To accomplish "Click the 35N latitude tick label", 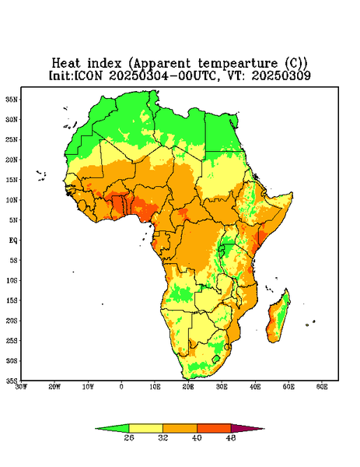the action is click(x=12, y=100).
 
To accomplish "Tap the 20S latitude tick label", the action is click(x=12, y=321).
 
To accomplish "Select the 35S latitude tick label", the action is click(x=12, y=381).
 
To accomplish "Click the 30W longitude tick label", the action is click(x=21, y=387).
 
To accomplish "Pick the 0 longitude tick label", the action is click(x=121, y=387).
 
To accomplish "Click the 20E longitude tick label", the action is click(x=188, y=387).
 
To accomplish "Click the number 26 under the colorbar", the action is click(x=129, y=437).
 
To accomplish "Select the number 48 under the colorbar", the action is click(x=231, y=437).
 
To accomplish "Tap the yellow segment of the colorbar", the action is click(x=145, y=428).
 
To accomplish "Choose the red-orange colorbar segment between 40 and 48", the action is click(x=214, y=428).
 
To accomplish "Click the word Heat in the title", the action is click(x=66, y=63).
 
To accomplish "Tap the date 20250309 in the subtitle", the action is click(x=281, y=75).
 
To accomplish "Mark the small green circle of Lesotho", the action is click(x=216, y=359).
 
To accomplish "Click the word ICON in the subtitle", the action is click(x=88, y=75).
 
